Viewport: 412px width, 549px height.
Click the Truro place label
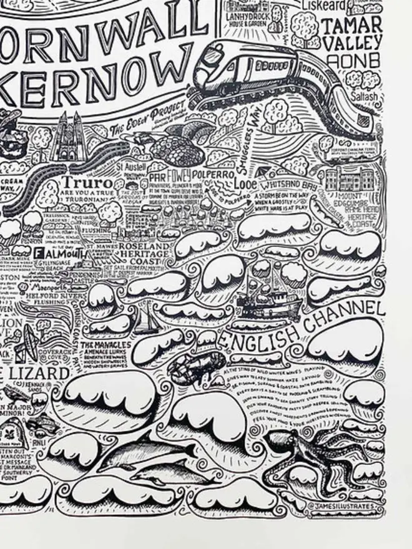point(88,183)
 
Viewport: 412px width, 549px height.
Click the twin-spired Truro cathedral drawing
point(67,138)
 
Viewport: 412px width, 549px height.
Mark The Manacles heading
point(105,345)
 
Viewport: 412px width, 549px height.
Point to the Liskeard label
point(324,6)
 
